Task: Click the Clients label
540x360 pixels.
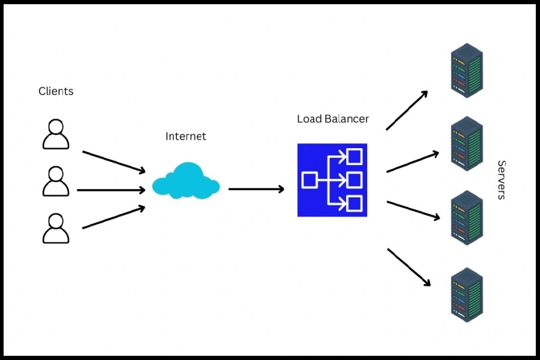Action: (x=56, y=91)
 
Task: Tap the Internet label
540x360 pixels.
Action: (x=185, y=136)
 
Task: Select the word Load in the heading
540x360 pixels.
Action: (x=310, y=119)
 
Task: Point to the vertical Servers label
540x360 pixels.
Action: (x=502, y=180)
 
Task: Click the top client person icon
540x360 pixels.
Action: (x=56, y=134)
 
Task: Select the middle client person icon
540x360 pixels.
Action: (x=56, y=182)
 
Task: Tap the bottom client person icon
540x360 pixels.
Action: (x=56, y=228)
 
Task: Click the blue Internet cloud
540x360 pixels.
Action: (x=185, y=181)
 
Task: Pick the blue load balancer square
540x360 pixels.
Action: (x=332, y=180)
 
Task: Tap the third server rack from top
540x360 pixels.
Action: (x=467, y=218)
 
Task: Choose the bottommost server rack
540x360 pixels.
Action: (x=467, y=295)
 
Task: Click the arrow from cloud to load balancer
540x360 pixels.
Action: (x=256, y=189)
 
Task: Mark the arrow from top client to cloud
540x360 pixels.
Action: (x=114, y=162)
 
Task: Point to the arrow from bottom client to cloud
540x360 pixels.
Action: (x=114, y=218)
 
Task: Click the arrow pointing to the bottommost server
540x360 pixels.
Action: (x=409, y=267)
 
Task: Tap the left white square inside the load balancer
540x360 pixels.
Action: (x=310, y=179)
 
